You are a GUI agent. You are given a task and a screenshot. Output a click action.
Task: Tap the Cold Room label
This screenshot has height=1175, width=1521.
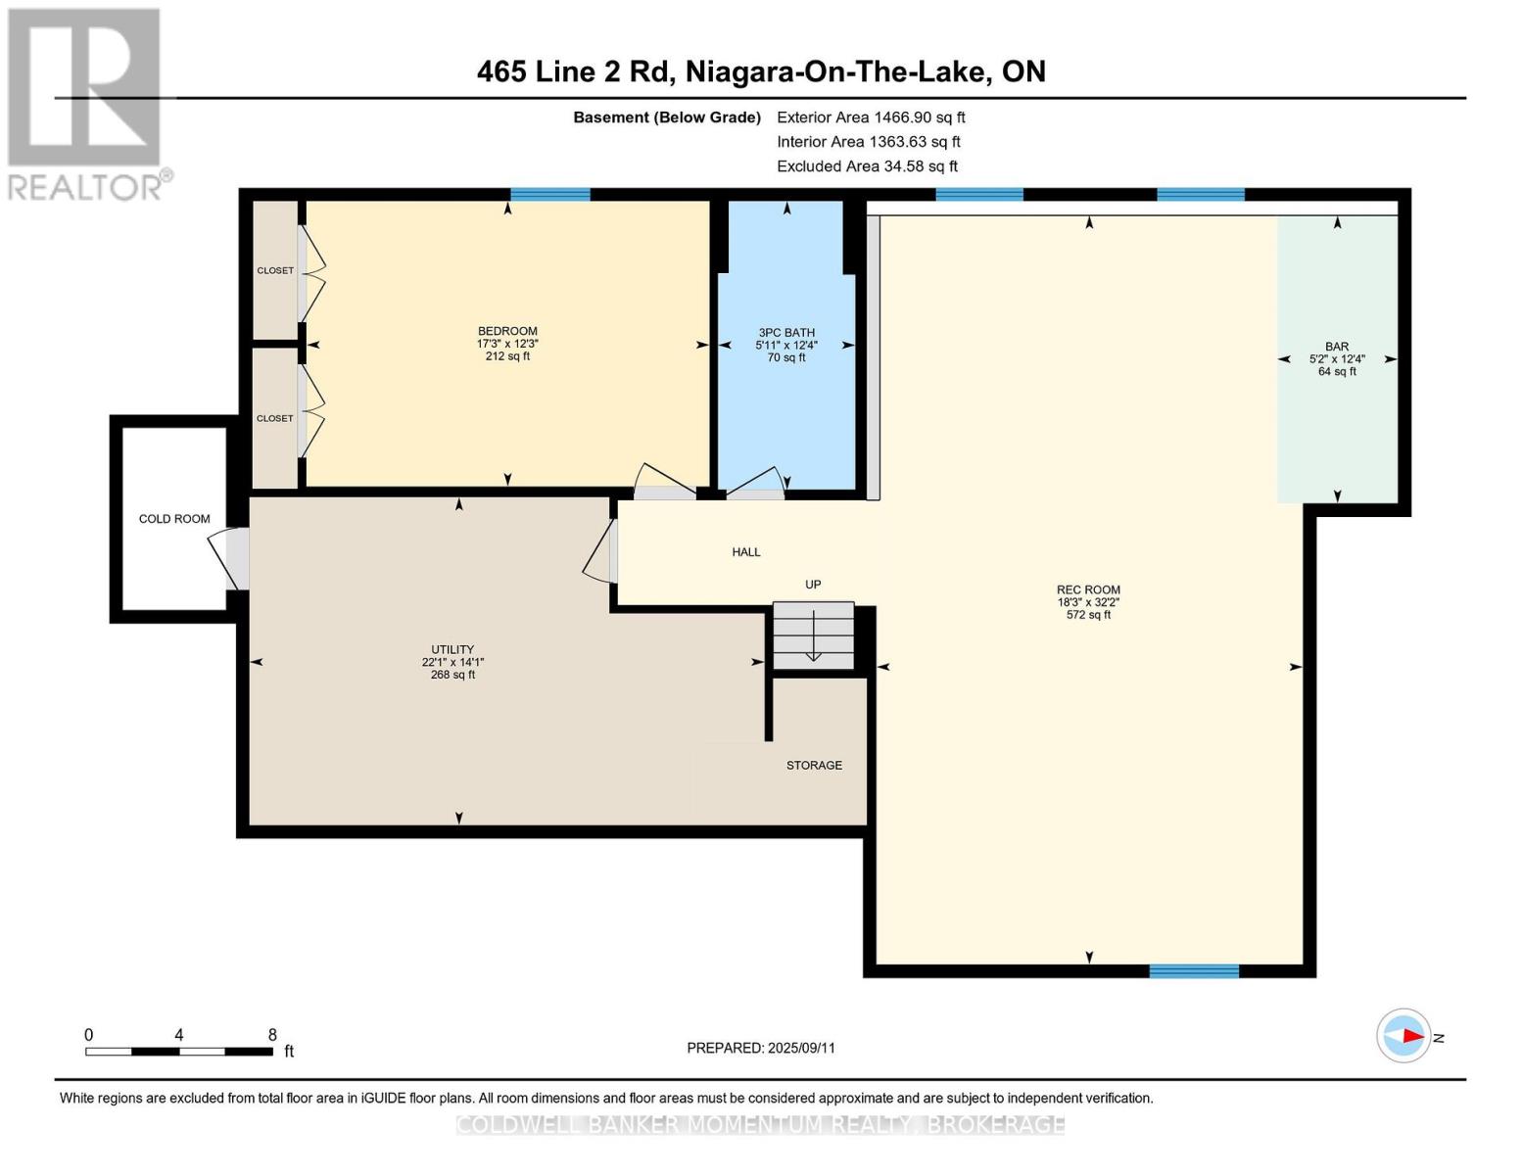pyautogui.click(x=174, y=519)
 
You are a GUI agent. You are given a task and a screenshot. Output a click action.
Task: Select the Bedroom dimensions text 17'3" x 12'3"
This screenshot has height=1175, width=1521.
pyautogui.click(x=507, y=344)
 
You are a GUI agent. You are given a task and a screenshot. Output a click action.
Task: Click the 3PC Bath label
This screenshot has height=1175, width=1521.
pyautogui.click(x=786, y=333)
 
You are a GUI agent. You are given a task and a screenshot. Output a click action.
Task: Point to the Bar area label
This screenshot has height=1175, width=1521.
pyautogui.click(x=1337, y=347)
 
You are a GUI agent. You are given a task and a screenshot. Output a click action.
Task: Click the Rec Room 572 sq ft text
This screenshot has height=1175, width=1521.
pyautogui.click(x=1088, y=615)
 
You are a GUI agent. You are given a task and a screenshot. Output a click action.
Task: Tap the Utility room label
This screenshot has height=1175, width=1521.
pyautogui.click(x=452, y=649)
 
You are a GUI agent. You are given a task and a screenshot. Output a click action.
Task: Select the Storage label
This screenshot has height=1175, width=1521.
pyautogui.click(x=814, y=766)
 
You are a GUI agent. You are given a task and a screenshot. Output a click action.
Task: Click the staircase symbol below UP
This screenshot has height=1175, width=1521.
pyautogui.click(x=813, y=635)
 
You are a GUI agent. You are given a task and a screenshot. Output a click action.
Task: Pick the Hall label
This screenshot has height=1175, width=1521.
pyautogui.click(x=746, y=552)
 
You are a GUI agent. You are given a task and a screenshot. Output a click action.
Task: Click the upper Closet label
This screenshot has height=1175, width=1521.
pyautogui.click(x=275, y=271)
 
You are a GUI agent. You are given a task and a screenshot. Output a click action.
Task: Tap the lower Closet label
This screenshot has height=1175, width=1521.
pyautogui.click(x=275, y=419)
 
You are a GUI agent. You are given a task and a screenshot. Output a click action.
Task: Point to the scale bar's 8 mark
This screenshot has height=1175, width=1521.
pyautogui.click(x=272, y=1035)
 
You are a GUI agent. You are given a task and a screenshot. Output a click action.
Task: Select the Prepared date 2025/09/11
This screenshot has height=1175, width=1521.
pyautogui.click(x=801, y=1048)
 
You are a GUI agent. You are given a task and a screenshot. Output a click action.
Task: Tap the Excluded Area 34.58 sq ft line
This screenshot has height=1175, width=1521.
pyautogui.click(x=867, y=166)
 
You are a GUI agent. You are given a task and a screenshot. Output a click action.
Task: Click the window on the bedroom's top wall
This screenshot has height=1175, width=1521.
pyautogui.click(x=550, y=195)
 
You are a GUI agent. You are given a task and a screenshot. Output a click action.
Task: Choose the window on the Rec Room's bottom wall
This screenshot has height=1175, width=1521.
pyautogui.click(x=1193, y=971)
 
